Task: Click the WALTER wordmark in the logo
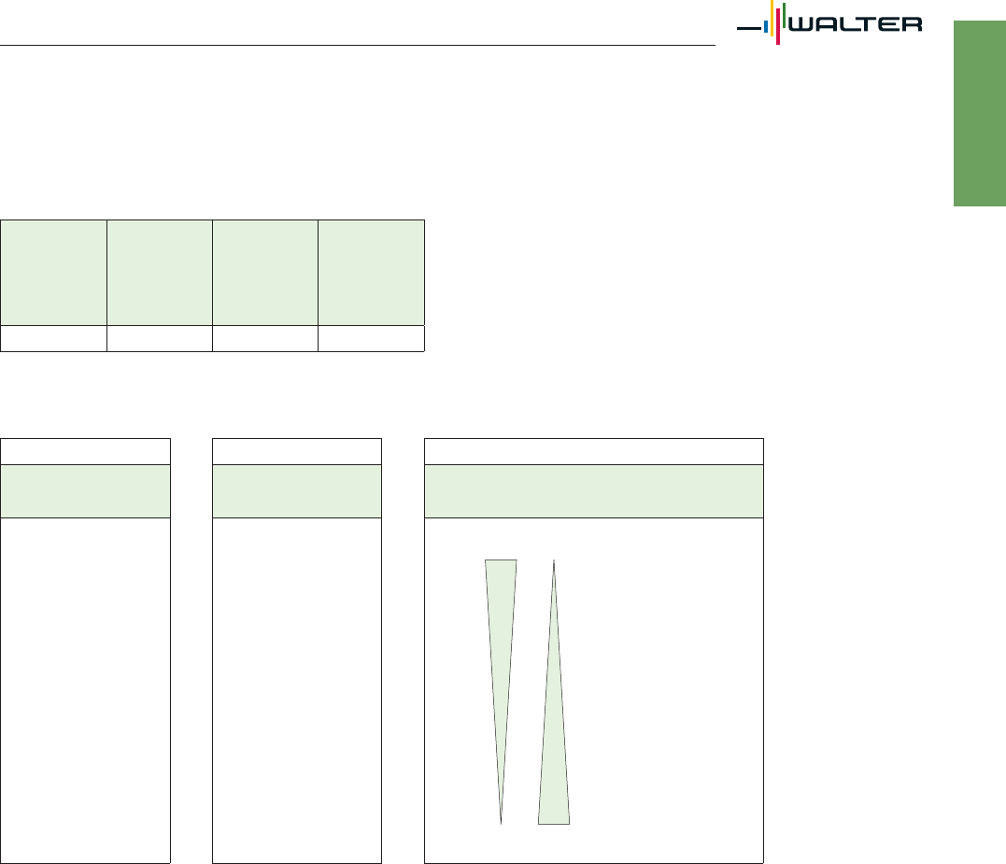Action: click(856, 24)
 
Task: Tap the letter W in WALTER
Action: click(801, 24)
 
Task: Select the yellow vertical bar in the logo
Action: click(772, 18)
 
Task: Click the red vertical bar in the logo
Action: click(778, 26)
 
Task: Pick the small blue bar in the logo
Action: click(766, 26)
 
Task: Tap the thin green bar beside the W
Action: click(784, 15)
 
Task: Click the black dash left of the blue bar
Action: click(749, 28)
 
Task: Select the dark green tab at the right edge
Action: click(980, 114)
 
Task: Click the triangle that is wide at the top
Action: click(501, 642)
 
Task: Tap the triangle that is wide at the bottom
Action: click(554, 738)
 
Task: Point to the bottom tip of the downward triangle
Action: click(501, 824)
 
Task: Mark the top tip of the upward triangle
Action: click(554, 559)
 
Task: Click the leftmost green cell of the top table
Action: click(54, 273)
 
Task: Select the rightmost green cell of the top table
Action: click(372, 273)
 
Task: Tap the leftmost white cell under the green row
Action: click(54, 339)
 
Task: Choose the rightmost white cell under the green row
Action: click(372, 339)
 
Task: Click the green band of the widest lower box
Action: click(594, 491)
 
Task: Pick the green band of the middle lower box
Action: click(297, 491)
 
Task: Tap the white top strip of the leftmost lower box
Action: click(85, 451)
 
